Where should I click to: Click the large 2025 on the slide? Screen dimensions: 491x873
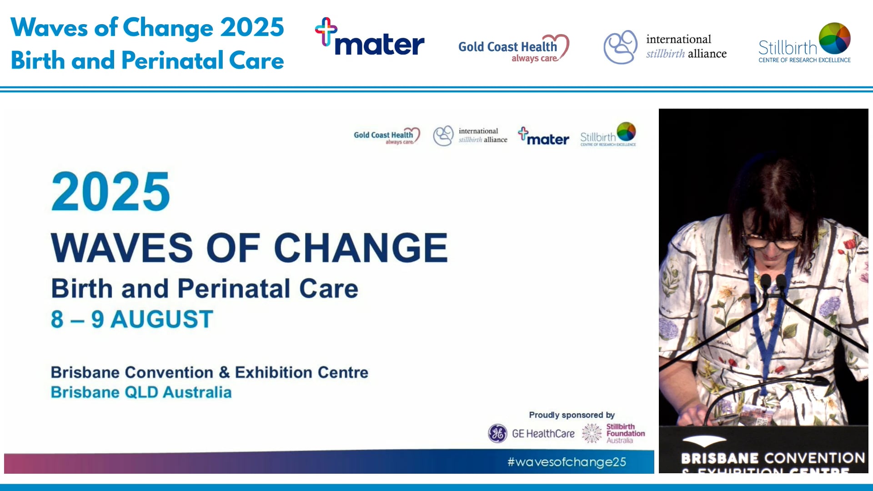(x=110, y=192)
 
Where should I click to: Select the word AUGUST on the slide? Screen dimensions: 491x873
(x=162, y=319)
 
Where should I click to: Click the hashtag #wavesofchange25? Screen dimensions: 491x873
(x=567, y=462)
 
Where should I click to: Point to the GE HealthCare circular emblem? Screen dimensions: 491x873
(x=497, y=433)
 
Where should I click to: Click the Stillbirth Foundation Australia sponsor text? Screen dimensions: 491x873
(x=625, y=433)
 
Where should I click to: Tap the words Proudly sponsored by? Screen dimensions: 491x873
(x=572, y=415)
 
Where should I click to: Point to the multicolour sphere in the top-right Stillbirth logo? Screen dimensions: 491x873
(x=834, y=38)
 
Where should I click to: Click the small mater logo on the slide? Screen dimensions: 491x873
(x=543, y=136)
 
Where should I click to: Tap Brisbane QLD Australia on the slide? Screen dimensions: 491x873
(x=141, y=392)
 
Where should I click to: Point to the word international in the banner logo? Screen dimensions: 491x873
(x=678, y=40)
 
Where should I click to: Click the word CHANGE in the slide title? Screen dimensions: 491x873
(x=361, y=248)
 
